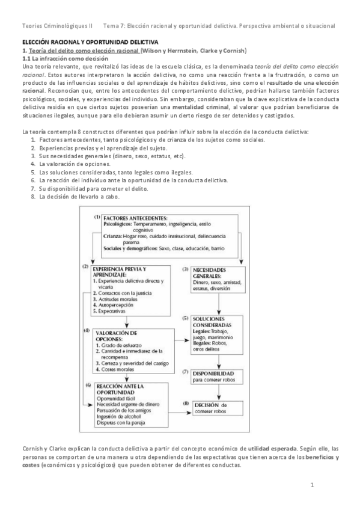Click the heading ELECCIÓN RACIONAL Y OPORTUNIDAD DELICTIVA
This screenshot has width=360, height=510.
click(90, 43)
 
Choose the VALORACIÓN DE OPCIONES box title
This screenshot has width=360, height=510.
click(121, 336)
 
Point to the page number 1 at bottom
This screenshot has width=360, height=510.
click(313, 485)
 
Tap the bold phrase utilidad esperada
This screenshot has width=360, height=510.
click(272, 449)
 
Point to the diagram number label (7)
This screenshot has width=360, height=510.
click(186, 373)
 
